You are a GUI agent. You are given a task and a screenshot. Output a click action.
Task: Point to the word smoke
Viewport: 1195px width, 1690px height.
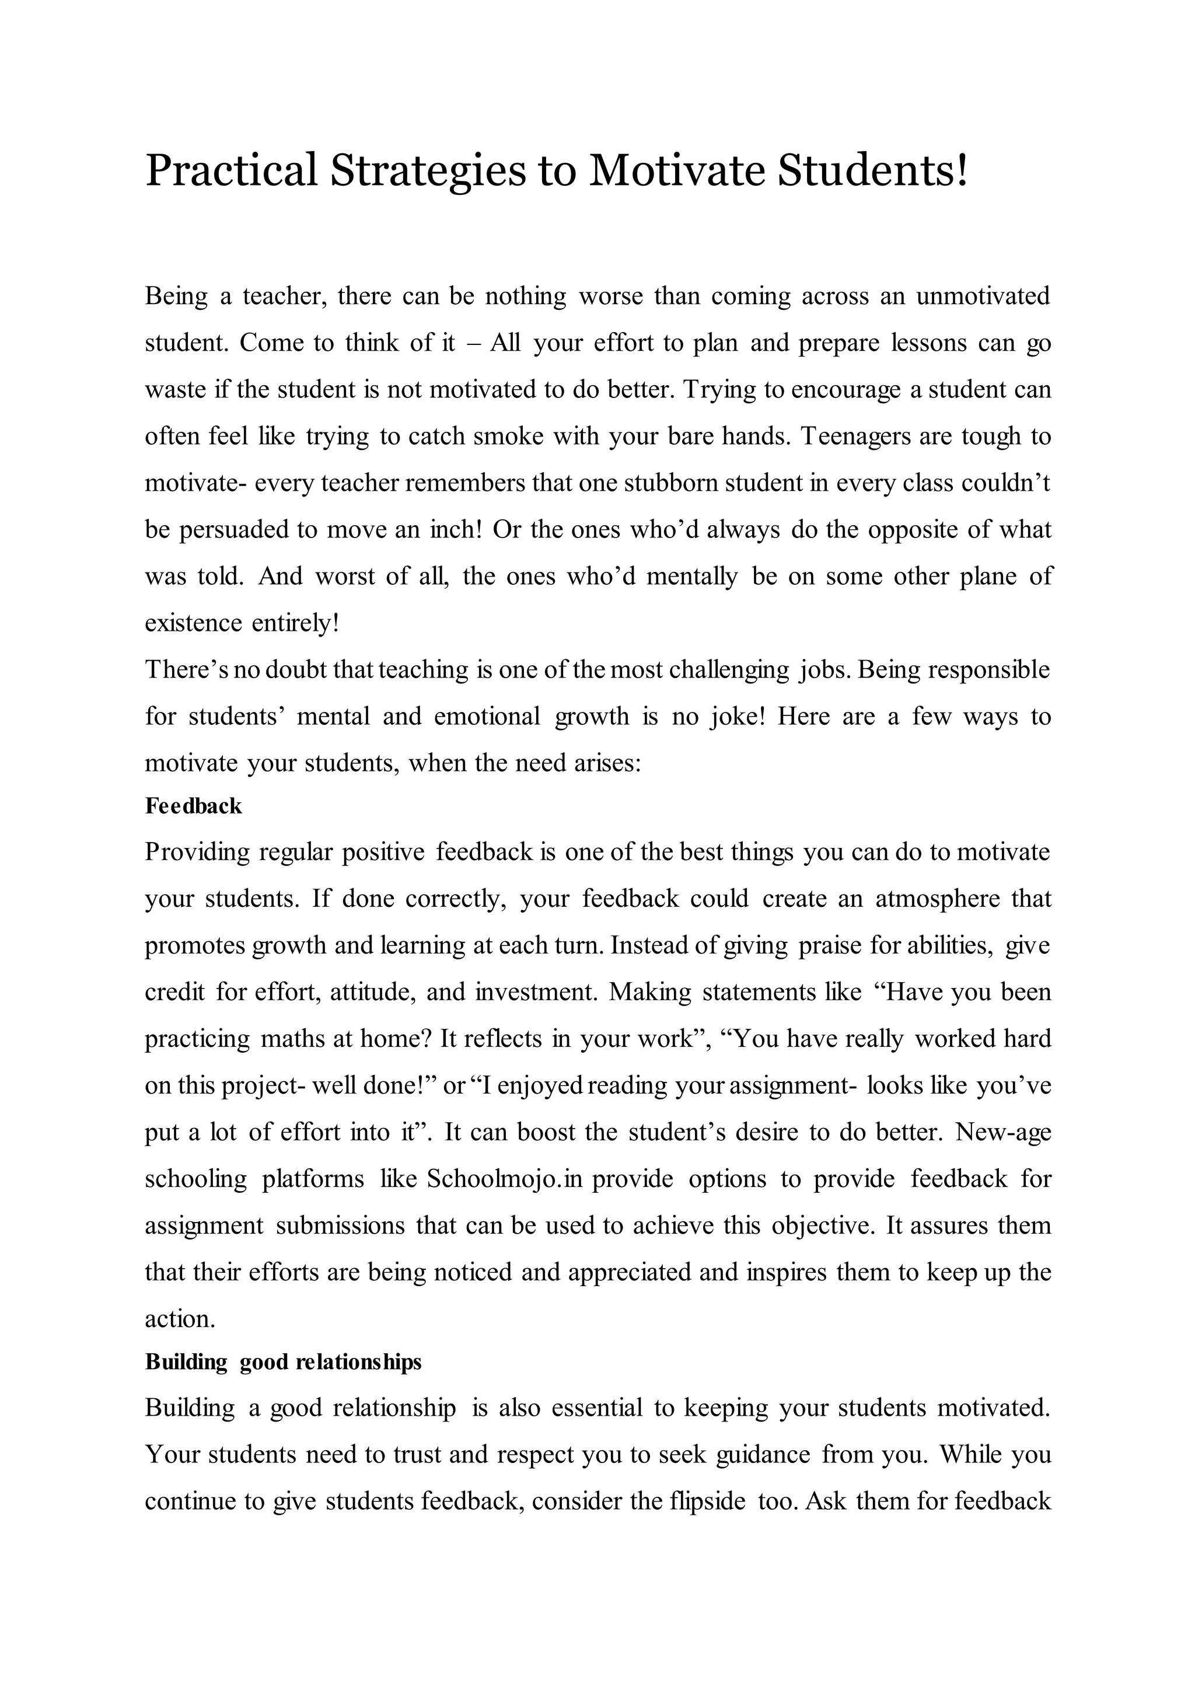(509, 437)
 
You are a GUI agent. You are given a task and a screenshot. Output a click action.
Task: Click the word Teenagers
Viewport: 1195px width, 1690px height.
(856, 437)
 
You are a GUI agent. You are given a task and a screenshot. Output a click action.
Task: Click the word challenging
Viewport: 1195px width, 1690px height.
(728, 670)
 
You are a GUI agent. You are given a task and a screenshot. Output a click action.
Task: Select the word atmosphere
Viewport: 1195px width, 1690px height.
(937, 899)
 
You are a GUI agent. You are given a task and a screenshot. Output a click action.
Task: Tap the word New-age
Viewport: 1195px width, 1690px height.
(1003, 1132)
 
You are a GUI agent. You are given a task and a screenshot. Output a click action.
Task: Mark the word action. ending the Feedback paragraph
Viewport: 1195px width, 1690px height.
(180, 1318)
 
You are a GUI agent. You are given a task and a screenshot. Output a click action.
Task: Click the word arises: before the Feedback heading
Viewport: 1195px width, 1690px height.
(607, 763)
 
